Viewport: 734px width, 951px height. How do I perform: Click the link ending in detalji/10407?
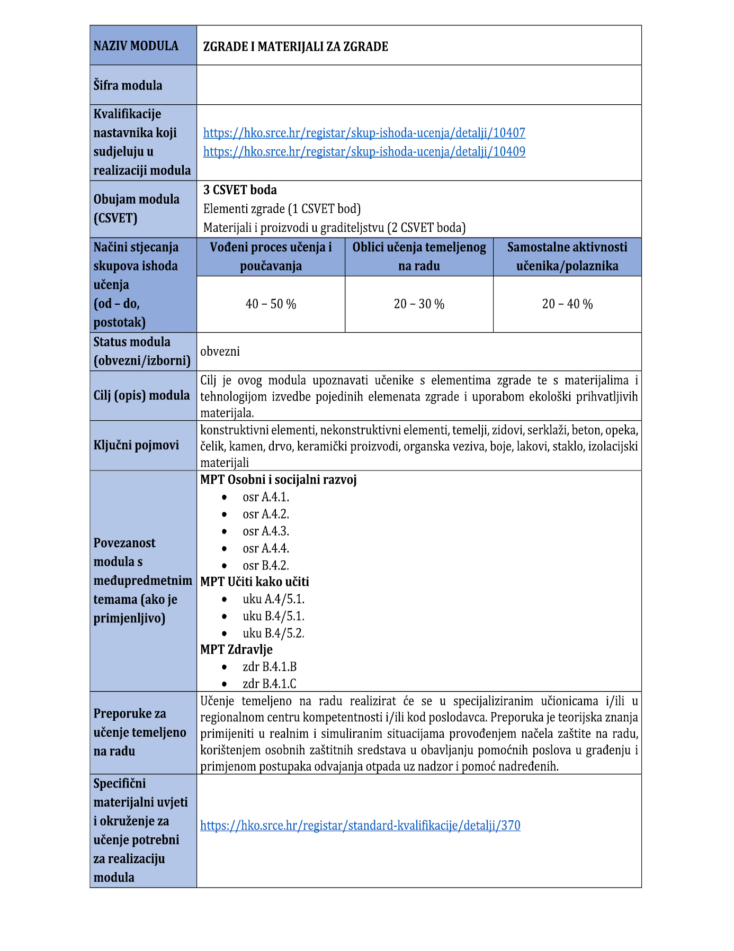tap(364, 133)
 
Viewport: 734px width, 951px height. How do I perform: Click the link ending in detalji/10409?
tap(364, 152)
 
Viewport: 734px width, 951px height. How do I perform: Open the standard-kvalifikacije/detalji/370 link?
tap(360, 826)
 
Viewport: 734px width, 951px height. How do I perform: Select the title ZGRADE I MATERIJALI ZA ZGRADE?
tap(296, 47)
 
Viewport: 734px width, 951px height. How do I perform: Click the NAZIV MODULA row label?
tap(136, 46)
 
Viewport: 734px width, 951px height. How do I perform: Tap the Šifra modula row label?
tap(128, 85)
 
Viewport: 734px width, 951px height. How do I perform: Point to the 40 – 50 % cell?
tap(271, 304)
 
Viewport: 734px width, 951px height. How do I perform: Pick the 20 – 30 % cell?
tap(419, 304)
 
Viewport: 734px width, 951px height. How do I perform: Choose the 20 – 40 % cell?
tap(567, 304)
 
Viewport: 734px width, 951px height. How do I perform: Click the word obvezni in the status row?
tap(220, 351)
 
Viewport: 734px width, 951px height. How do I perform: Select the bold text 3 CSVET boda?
tap(240, 190)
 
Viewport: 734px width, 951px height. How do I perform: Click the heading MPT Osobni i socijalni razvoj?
tap(278, 480)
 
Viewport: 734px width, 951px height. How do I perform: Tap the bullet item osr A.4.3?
tap(266, 531)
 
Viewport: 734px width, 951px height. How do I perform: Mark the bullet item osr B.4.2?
tap(266, 565)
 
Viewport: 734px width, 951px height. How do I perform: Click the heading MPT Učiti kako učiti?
tap(254, 582)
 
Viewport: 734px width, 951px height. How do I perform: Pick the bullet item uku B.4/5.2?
tap(273, 633)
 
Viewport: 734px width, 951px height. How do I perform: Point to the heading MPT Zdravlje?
tap(236, 650)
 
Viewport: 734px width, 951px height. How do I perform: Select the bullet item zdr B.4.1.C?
tap(269, 684)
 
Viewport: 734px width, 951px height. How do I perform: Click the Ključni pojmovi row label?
tap(136, 445)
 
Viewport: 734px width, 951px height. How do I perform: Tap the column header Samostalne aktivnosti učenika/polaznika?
tap(567, 257)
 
